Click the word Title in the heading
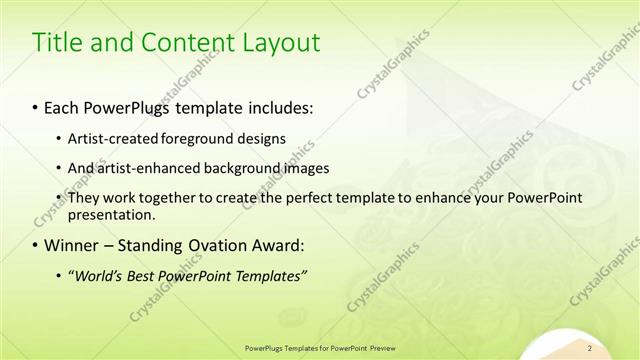(x=59, y=43)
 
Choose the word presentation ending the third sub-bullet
(x=111, y=214)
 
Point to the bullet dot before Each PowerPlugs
(x=36, y=105)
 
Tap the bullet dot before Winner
(x=36, y=244)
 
